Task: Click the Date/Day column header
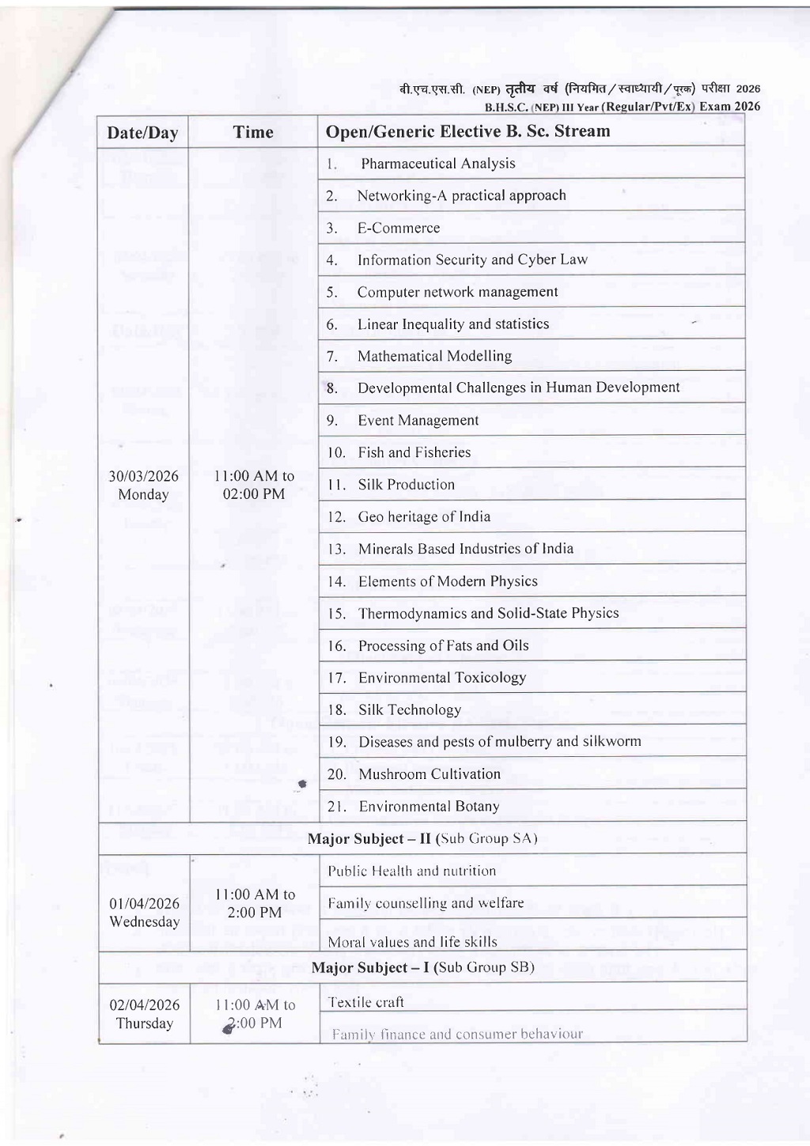tap(142, 133)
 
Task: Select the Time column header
tap(253, 132)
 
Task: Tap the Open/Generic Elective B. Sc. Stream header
tap(467, 131)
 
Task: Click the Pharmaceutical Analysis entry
tap(437, 164)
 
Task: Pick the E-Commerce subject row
tap(398, 228)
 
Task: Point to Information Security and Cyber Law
tap(472, 260)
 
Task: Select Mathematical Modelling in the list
tap(434, 356)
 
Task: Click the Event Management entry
tap(418, 421)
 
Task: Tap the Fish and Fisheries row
tap(414, 452)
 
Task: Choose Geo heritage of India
tap(424, 517)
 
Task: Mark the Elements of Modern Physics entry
tap(448, 581)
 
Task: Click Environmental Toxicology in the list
tap(441, 678)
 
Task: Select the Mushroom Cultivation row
tap(429, 774)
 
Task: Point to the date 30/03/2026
tap(144, 476)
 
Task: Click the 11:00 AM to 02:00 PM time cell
tap(254, 485)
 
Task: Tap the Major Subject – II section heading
tap(422, 838)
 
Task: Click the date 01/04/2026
tap(144, 903)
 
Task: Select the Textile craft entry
tap(365, 1002)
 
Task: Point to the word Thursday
tap(144, 1023)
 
